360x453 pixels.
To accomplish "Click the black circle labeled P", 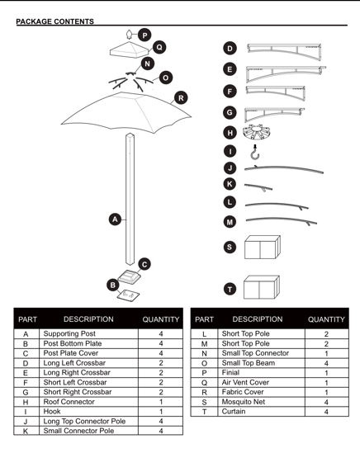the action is (144, 35).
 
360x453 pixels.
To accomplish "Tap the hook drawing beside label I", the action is (255, 152).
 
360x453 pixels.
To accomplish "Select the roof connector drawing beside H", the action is (257, 132).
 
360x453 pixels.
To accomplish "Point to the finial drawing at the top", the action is (129, 34).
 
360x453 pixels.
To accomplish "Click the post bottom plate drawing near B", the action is (128, 295).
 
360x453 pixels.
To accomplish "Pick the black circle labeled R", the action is (181, 98).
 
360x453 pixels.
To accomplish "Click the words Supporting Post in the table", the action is (69, 333).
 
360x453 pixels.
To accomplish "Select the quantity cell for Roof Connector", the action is (161, 402).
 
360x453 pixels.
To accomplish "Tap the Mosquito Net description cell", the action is (261, 402).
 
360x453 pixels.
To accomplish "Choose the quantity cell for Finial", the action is (326, 373).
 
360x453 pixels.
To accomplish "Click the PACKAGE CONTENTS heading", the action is (55, 21).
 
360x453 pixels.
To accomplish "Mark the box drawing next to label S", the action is (263, 247).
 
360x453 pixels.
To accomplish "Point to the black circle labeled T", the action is (230, 289).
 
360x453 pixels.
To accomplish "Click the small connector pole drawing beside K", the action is (258, 187).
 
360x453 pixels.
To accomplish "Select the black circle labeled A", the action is (115, 219).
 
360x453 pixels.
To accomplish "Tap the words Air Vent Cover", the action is (245, 382).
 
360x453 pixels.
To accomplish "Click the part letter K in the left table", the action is (26, 431).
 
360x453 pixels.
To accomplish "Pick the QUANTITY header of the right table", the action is (326, 319).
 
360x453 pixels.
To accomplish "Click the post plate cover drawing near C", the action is (130, 276).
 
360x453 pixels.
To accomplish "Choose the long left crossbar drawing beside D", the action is (284, 51).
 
